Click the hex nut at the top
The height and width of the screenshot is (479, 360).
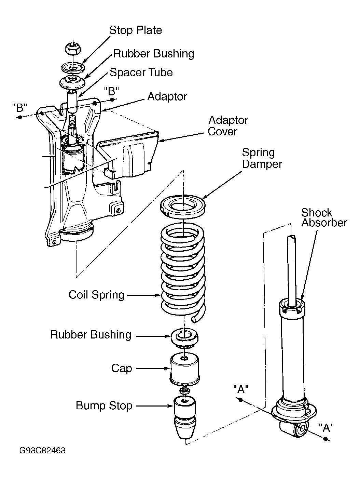(x=73, y=49)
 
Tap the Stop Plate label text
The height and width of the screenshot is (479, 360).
(x=136, y=30)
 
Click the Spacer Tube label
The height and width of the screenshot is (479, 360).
(x=141, y=72)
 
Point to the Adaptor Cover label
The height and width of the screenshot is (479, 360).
(x=228, y=126)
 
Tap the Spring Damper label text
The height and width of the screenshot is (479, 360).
(x=262, y=158)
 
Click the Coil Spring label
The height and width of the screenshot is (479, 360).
(x=97, y=295)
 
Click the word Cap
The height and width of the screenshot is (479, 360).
(x=122, y=369)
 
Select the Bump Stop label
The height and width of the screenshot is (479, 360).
(x=104, y=406)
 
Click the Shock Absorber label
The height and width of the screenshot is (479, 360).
(x=324, y=217)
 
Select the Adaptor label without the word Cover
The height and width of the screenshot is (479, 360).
(x=167, y=96)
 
